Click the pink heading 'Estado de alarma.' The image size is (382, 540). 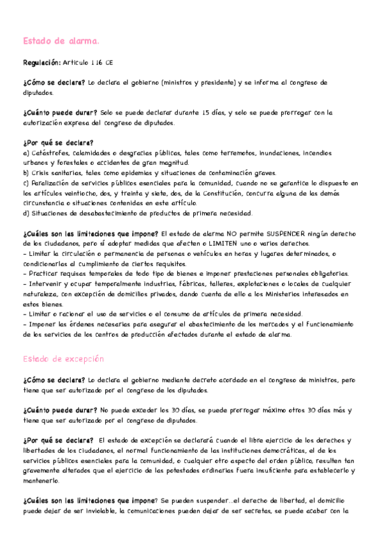61,41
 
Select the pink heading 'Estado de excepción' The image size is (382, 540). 63,359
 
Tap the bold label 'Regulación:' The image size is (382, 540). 41,63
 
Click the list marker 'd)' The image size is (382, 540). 26,213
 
